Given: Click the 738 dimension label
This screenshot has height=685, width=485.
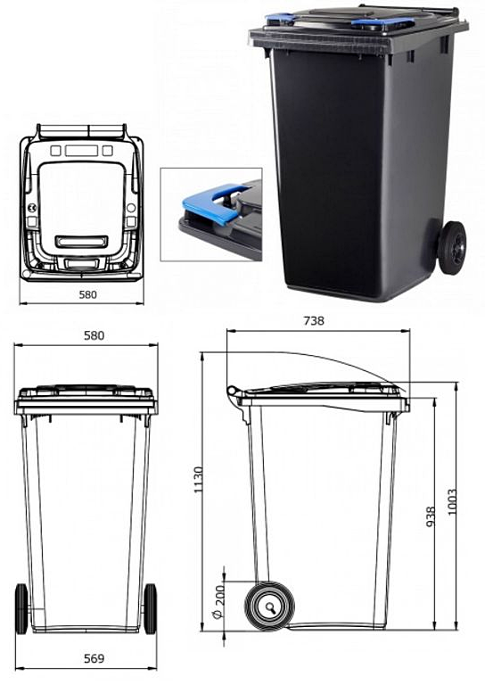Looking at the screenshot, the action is (314, 321).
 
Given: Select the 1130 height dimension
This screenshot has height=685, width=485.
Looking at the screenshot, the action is (199, 480).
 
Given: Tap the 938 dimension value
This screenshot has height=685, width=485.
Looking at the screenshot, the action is (431, 516).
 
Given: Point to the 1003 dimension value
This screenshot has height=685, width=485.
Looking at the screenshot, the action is (452, 502).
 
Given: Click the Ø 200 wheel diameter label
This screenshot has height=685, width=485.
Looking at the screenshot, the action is (218, 602).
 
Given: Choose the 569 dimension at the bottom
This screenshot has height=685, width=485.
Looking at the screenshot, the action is (95, 658).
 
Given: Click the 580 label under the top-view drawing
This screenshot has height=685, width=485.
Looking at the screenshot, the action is (87, 295).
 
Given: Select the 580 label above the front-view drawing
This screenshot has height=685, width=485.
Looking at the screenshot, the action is (95, 335).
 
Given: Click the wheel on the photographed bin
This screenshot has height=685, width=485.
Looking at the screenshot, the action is (452, 248).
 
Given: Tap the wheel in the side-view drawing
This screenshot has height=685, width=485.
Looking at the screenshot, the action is (269, 607).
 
